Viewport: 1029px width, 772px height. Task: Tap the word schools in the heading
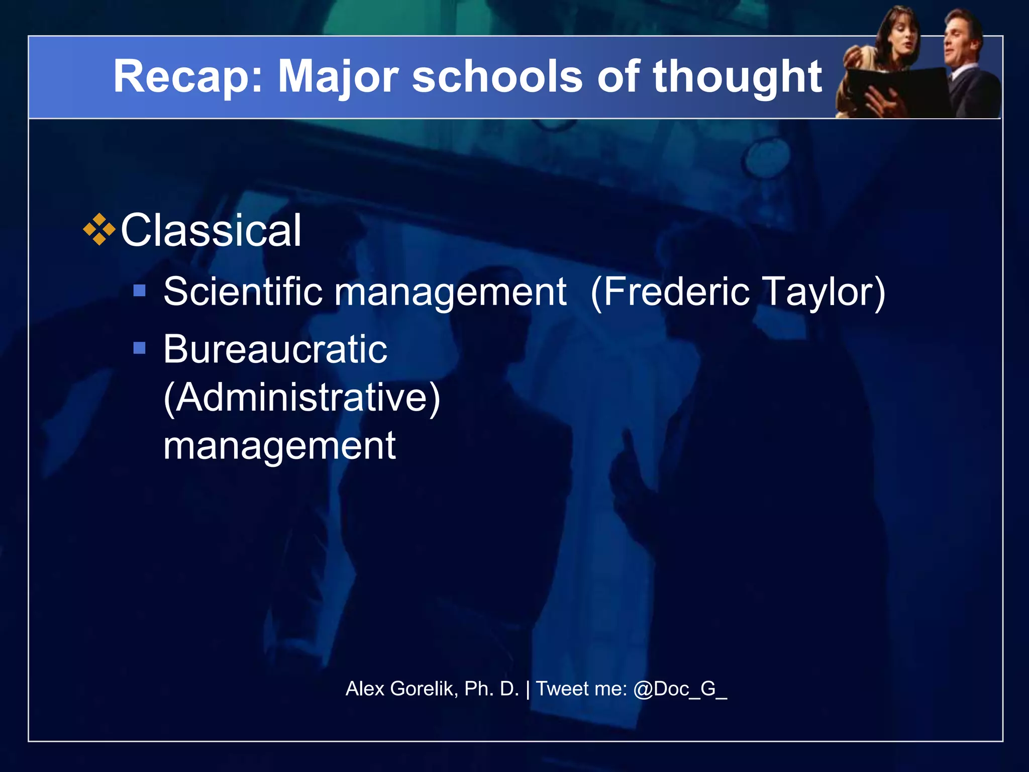497,77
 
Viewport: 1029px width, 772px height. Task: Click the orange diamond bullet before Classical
99,230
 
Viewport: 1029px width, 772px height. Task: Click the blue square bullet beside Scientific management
139,291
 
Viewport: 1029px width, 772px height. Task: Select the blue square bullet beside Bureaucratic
139,348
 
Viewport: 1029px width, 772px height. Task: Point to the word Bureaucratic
275,349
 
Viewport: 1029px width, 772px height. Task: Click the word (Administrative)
302,398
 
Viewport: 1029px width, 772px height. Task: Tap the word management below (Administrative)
279,446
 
